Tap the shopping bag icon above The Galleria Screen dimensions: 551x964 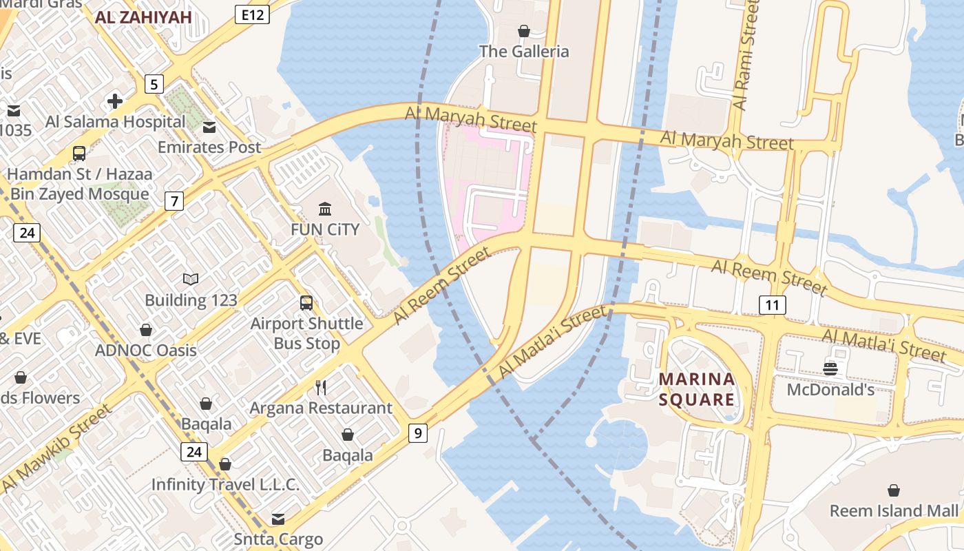[524, 31]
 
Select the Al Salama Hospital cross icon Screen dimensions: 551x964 [115, 102]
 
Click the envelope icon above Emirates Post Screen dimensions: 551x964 [209, 127]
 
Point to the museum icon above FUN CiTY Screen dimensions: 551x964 [325, 209]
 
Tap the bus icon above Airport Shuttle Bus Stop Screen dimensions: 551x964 [306, 302]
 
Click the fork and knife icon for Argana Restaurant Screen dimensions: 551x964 [321, 387]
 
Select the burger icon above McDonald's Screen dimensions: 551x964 [830, 369]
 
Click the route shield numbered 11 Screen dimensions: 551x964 [773, 304]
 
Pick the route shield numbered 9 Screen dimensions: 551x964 [417, 433]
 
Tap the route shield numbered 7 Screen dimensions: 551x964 [174, 202]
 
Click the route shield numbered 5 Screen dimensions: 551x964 [154, 85]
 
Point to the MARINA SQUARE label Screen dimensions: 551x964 [697, 389]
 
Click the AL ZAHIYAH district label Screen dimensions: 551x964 [143, 18]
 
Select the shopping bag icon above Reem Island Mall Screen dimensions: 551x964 [893, 490]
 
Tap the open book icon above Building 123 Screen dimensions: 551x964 [191, 279]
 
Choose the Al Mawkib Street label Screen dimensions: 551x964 [56, 448]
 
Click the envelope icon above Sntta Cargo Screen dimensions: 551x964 [278, 519]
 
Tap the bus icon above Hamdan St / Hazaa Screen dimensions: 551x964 [79, 153]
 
